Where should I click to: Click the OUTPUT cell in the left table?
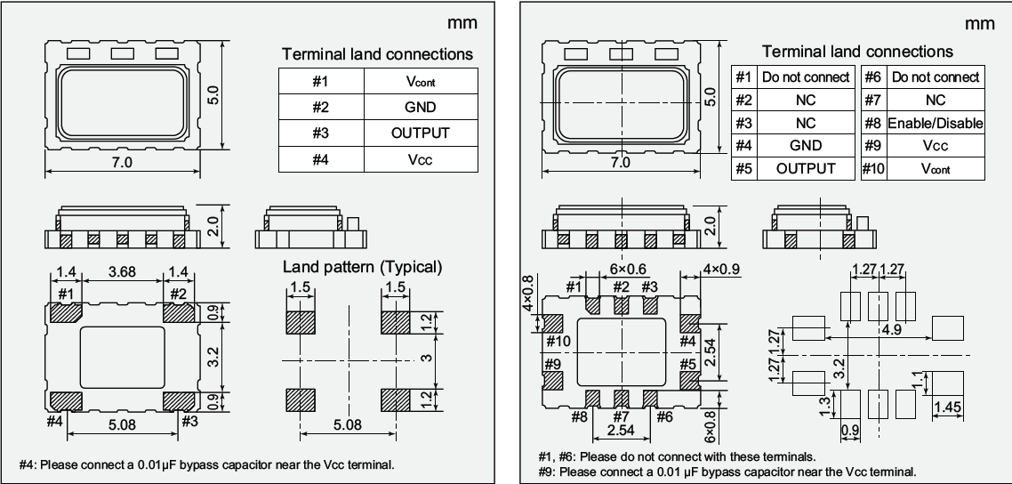coord(420,133)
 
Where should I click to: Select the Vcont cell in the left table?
coord(420,82)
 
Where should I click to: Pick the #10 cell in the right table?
coord(872,168)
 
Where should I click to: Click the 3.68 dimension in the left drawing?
coord(122,271)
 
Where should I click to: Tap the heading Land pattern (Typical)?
coord(362,266)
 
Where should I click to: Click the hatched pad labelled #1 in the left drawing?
coord(64,312)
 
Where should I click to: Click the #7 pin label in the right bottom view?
coord(622,415)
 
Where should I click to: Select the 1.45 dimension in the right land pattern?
coord(949,407)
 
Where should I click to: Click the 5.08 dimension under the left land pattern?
coord(346,425)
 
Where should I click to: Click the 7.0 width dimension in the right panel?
coord(620,163)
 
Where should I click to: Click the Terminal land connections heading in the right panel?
coord(856,51)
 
